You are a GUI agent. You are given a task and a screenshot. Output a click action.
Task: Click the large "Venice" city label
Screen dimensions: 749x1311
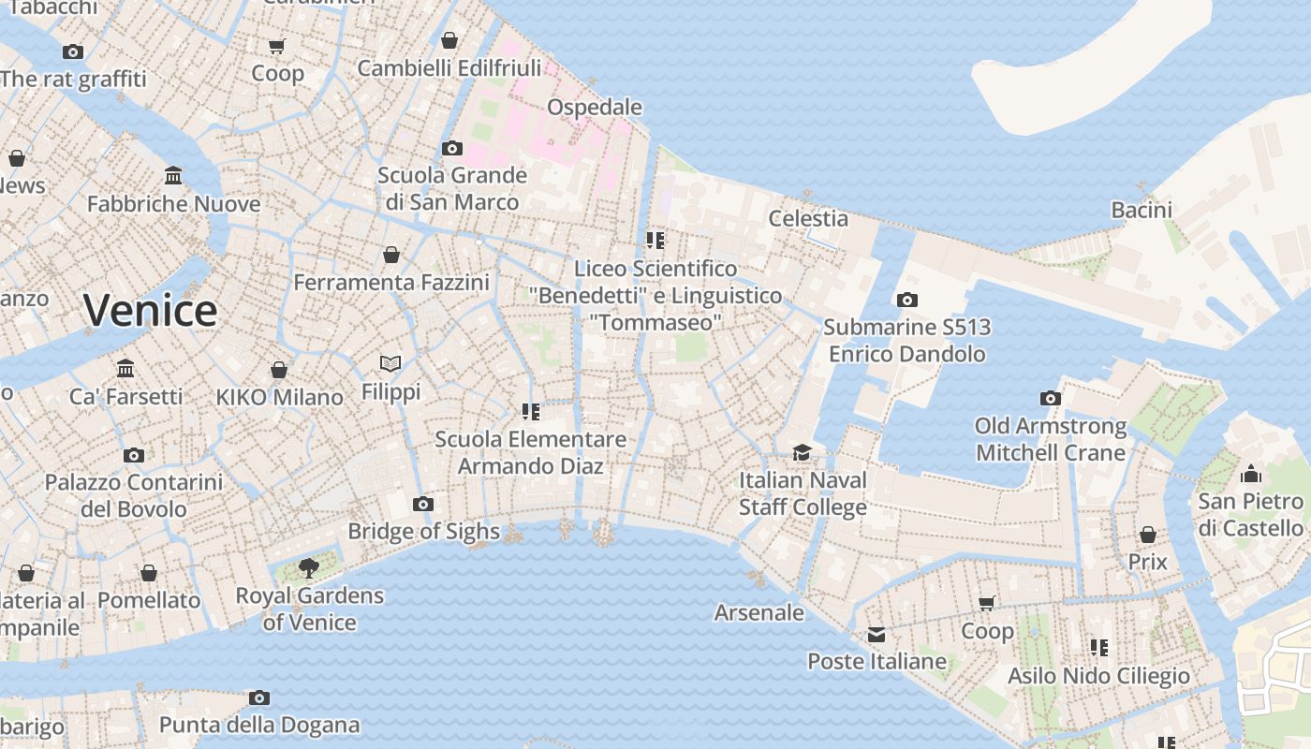coord(150,311)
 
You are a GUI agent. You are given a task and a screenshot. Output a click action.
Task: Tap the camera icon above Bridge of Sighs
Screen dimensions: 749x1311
coord(423,505)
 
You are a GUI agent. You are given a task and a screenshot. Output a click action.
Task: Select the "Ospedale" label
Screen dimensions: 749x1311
coord(595,107)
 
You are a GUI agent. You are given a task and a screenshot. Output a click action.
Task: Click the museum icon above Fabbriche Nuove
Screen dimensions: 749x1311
coord(173,176)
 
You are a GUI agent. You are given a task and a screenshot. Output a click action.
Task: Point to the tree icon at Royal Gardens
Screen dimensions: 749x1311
coord(308,567)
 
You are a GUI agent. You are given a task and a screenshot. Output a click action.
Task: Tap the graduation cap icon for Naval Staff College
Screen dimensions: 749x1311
coord(802,453)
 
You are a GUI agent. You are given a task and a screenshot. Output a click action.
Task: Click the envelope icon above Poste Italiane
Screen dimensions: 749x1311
coord(876,635)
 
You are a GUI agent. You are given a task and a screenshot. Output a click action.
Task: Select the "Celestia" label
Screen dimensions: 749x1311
coord(808,218)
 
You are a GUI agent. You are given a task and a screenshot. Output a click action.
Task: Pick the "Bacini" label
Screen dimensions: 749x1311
coord(1142,210)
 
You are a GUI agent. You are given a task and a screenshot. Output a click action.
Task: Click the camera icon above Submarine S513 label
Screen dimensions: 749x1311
coord(906,301)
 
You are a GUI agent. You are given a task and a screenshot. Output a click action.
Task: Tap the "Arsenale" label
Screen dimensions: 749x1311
coord(759,612)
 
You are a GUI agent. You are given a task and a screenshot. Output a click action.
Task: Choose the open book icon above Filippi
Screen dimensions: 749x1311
coord(390,363)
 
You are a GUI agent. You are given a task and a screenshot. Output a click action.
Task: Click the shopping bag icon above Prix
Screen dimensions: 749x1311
coord(1148,535)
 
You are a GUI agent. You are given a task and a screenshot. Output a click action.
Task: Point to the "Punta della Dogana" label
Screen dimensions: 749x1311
coord(259,725)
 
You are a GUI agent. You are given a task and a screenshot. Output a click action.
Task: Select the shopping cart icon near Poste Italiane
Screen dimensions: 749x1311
coord(986,604)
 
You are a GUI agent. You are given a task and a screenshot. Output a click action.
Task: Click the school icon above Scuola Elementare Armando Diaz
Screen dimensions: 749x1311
coord(531,412)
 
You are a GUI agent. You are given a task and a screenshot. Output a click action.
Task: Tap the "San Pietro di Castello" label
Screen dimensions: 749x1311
coord(1250,515)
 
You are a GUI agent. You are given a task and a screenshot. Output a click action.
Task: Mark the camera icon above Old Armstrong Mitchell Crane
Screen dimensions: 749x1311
coord(1051,399)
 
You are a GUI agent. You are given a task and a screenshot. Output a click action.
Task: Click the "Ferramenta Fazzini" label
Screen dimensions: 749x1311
coord(391,282)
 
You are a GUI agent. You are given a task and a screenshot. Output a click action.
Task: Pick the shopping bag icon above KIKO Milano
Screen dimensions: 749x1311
coord(279,370)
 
